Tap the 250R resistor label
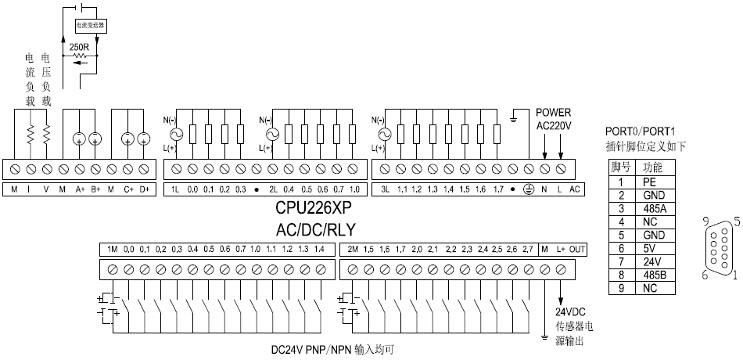coord(79,47)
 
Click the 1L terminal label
coord(176,189)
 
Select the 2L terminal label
coord(274,189)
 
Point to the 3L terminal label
coord(385,189)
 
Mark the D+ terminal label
coord(144,189)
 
